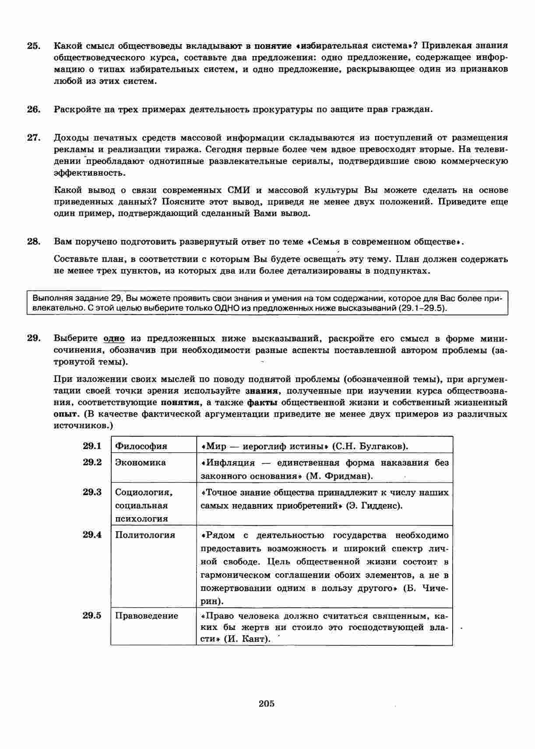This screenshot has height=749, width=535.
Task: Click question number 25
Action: (34, 45)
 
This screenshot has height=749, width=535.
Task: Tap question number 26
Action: (34, 109)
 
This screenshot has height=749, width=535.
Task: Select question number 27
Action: (34, 138)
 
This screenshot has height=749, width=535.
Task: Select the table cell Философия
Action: (141, 446)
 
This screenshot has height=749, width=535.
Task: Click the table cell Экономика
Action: (140, 462)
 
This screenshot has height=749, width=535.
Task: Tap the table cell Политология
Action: (145, 535)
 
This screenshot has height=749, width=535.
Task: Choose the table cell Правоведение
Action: (147, 616)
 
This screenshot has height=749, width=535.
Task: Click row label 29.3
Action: (92, 492)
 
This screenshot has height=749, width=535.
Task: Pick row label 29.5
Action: (92, 616)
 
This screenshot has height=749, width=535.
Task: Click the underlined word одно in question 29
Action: (114, 339)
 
